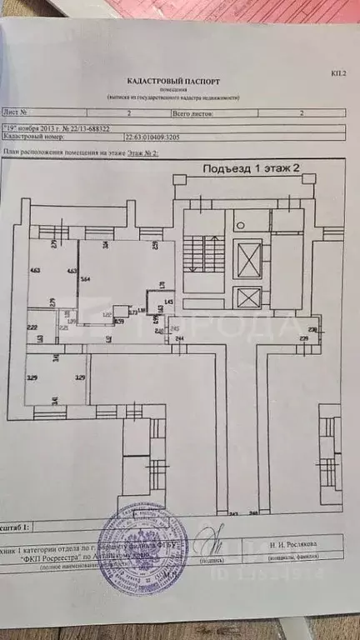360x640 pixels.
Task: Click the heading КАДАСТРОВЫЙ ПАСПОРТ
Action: [173, 82]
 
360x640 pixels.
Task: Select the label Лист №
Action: [17, 110]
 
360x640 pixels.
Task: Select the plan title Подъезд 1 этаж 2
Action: [251, 167]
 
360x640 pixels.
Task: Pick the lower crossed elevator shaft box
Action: [247, 297]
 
